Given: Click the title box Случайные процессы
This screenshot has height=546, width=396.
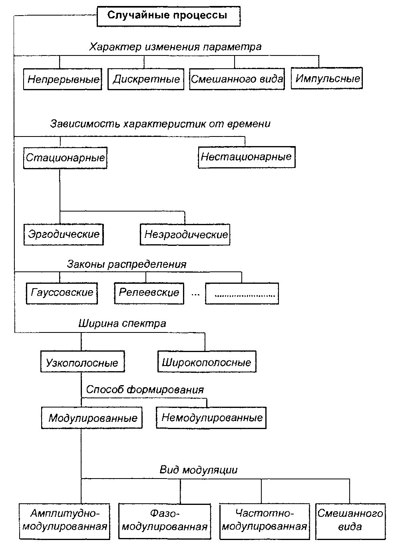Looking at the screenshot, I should [x=168, y=16].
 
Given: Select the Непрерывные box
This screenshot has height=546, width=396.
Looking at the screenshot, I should [x=63, y=79].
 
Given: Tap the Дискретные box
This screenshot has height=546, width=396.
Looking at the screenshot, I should [x=146, y=79].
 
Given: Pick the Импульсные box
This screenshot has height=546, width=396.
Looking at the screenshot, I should [x=327, y=78].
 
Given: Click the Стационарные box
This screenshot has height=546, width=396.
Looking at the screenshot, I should [x=65, y=157].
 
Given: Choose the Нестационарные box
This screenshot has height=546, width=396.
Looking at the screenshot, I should [x=246, y=156].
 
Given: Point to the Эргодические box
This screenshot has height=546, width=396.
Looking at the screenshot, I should [x=64, y=234].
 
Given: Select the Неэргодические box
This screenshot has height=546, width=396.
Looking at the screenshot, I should [x=185, y=234].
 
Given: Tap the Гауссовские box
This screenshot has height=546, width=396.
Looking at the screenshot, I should [x=62, y=293].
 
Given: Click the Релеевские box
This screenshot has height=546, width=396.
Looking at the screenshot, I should [x=149, y=293].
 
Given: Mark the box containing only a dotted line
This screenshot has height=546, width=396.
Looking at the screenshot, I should [x=242, y=294].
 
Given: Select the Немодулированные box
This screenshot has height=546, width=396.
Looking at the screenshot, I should [x=211, y=418].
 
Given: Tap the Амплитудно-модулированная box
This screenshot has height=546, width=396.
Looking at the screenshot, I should [x=65, y=520].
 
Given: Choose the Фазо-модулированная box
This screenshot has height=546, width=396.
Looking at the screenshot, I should [x=165, y=520].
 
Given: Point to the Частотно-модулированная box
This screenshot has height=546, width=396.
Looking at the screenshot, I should [x=265, y=520].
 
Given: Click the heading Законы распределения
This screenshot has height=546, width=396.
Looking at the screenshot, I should [x=127, y=264].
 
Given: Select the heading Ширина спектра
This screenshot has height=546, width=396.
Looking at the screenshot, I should [x=122, y=323].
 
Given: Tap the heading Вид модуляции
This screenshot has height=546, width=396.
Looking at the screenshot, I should [x=199, y=470].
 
